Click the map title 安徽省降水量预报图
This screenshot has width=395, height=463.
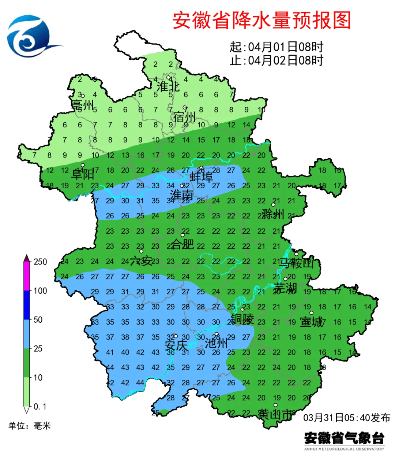[262, 21]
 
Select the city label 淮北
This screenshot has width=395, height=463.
[168, 87]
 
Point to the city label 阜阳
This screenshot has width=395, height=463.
[83, 174]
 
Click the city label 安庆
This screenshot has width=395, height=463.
[176, 345]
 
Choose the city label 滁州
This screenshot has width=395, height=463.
[273, 214]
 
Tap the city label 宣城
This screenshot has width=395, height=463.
[311, 322]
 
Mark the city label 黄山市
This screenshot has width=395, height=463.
[275, 414]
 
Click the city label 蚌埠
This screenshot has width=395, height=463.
[201, 177]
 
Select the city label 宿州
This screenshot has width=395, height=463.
[184, 117]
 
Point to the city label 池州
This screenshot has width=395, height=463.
[216, 343]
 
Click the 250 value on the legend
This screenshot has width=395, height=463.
[40, 262]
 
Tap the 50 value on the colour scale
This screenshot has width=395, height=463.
[38, 319]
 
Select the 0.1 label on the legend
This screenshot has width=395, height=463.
[40, 407]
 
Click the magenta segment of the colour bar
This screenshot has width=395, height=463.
[26, 277]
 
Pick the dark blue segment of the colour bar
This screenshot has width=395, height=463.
[26, 305]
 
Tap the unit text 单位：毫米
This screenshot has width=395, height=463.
[30, 426]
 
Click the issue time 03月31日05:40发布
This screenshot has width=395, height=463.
[346, 418]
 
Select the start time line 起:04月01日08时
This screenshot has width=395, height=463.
[276, 47]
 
